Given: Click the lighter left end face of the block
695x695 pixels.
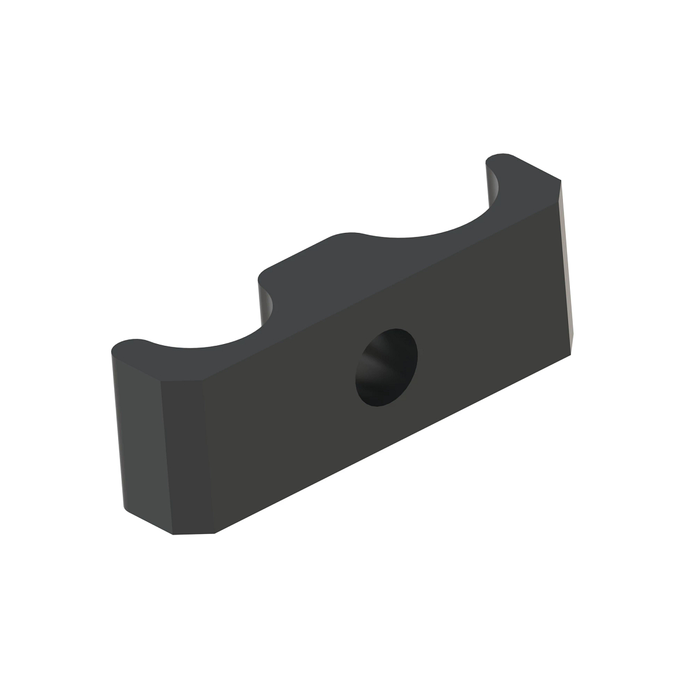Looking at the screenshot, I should (139, 434).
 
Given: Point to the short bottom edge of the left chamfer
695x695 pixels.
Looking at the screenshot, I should (194, 533).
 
